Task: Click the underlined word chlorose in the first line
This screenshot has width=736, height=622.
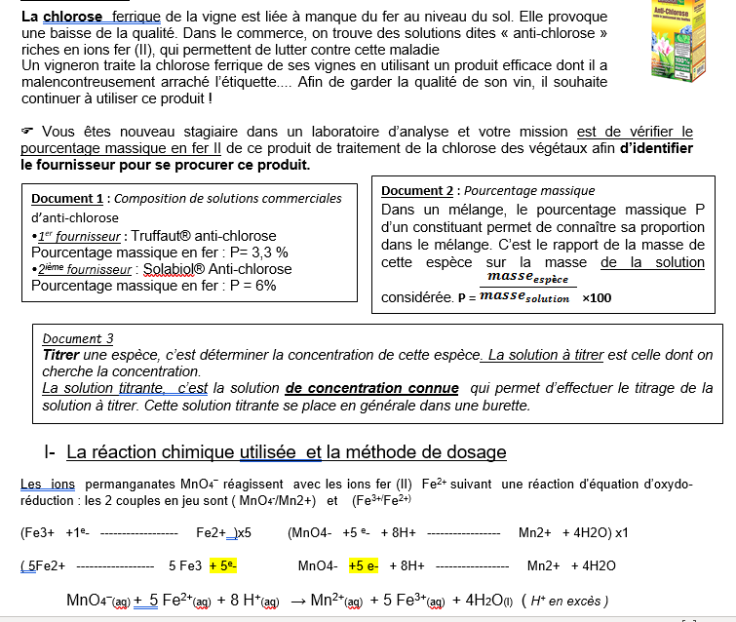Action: [x=74, y=17]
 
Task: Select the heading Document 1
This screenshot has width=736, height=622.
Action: [x=67, y=199]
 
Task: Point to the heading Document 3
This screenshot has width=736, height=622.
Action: [x=78, y=338]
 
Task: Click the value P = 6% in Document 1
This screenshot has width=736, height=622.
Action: [x=248, y=286]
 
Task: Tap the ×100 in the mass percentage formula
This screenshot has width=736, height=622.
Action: [x=597, y=297]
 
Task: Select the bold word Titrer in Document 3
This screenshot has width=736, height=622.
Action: [x=60, y=355]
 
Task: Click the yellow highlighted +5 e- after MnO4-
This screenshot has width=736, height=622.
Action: [x=367, y=564]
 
